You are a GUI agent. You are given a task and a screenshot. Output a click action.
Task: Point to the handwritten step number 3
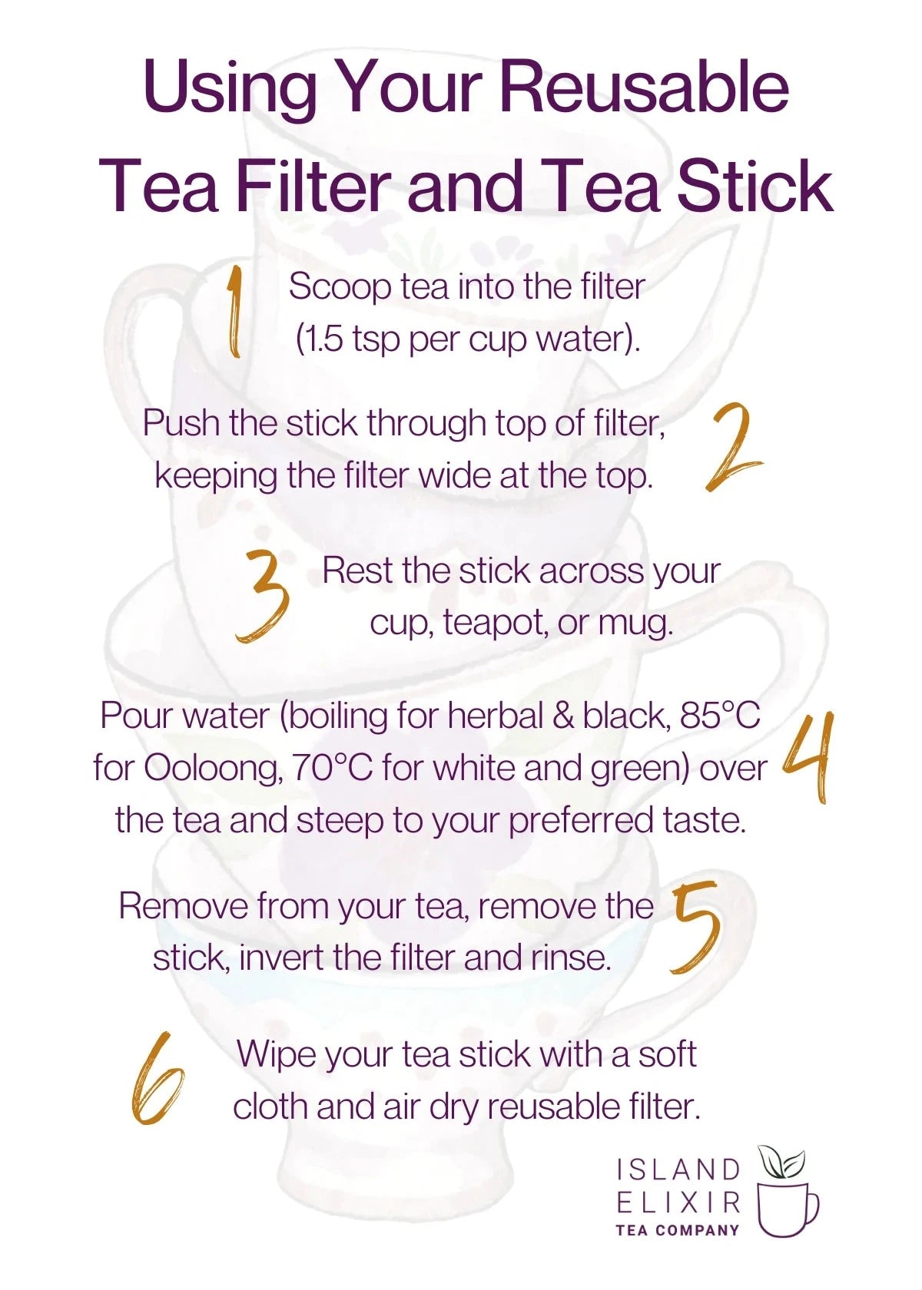263,596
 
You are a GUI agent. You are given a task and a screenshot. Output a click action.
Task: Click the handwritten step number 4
808,757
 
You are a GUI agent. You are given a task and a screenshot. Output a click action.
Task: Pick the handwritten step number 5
696,928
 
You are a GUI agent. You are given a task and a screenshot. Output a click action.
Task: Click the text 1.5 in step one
320,339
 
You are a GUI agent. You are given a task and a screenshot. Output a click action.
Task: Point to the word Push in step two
181,423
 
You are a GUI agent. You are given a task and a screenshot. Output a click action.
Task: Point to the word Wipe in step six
276,1053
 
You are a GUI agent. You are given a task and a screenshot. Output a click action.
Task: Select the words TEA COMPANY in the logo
677,1230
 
